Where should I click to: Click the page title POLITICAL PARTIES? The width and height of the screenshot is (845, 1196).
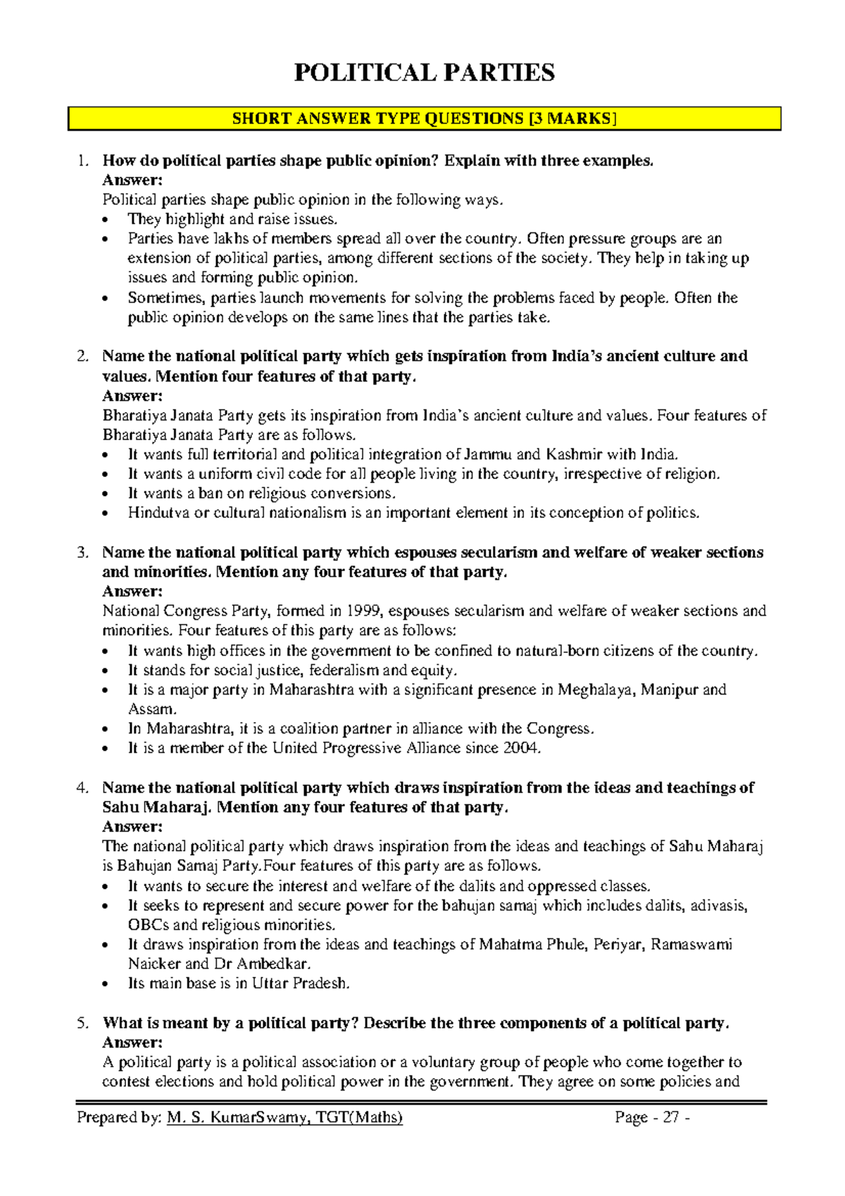[x=424, y=73]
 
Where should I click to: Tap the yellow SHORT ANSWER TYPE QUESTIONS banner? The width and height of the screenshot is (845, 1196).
[x=424, y=118]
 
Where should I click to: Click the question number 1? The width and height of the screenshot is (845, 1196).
[x=82, y=161]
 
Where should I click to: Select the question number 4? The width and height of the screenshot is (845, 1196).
[x=82, y=787]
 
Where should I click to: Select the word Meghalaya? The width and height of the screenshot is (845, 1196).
[x=597, y=690]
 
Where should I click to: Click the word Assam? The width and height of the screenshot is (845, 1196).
[x=150, y=709]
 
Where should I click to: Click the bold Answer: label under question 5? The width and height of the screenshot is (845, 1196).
[x=132, y=1042]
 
